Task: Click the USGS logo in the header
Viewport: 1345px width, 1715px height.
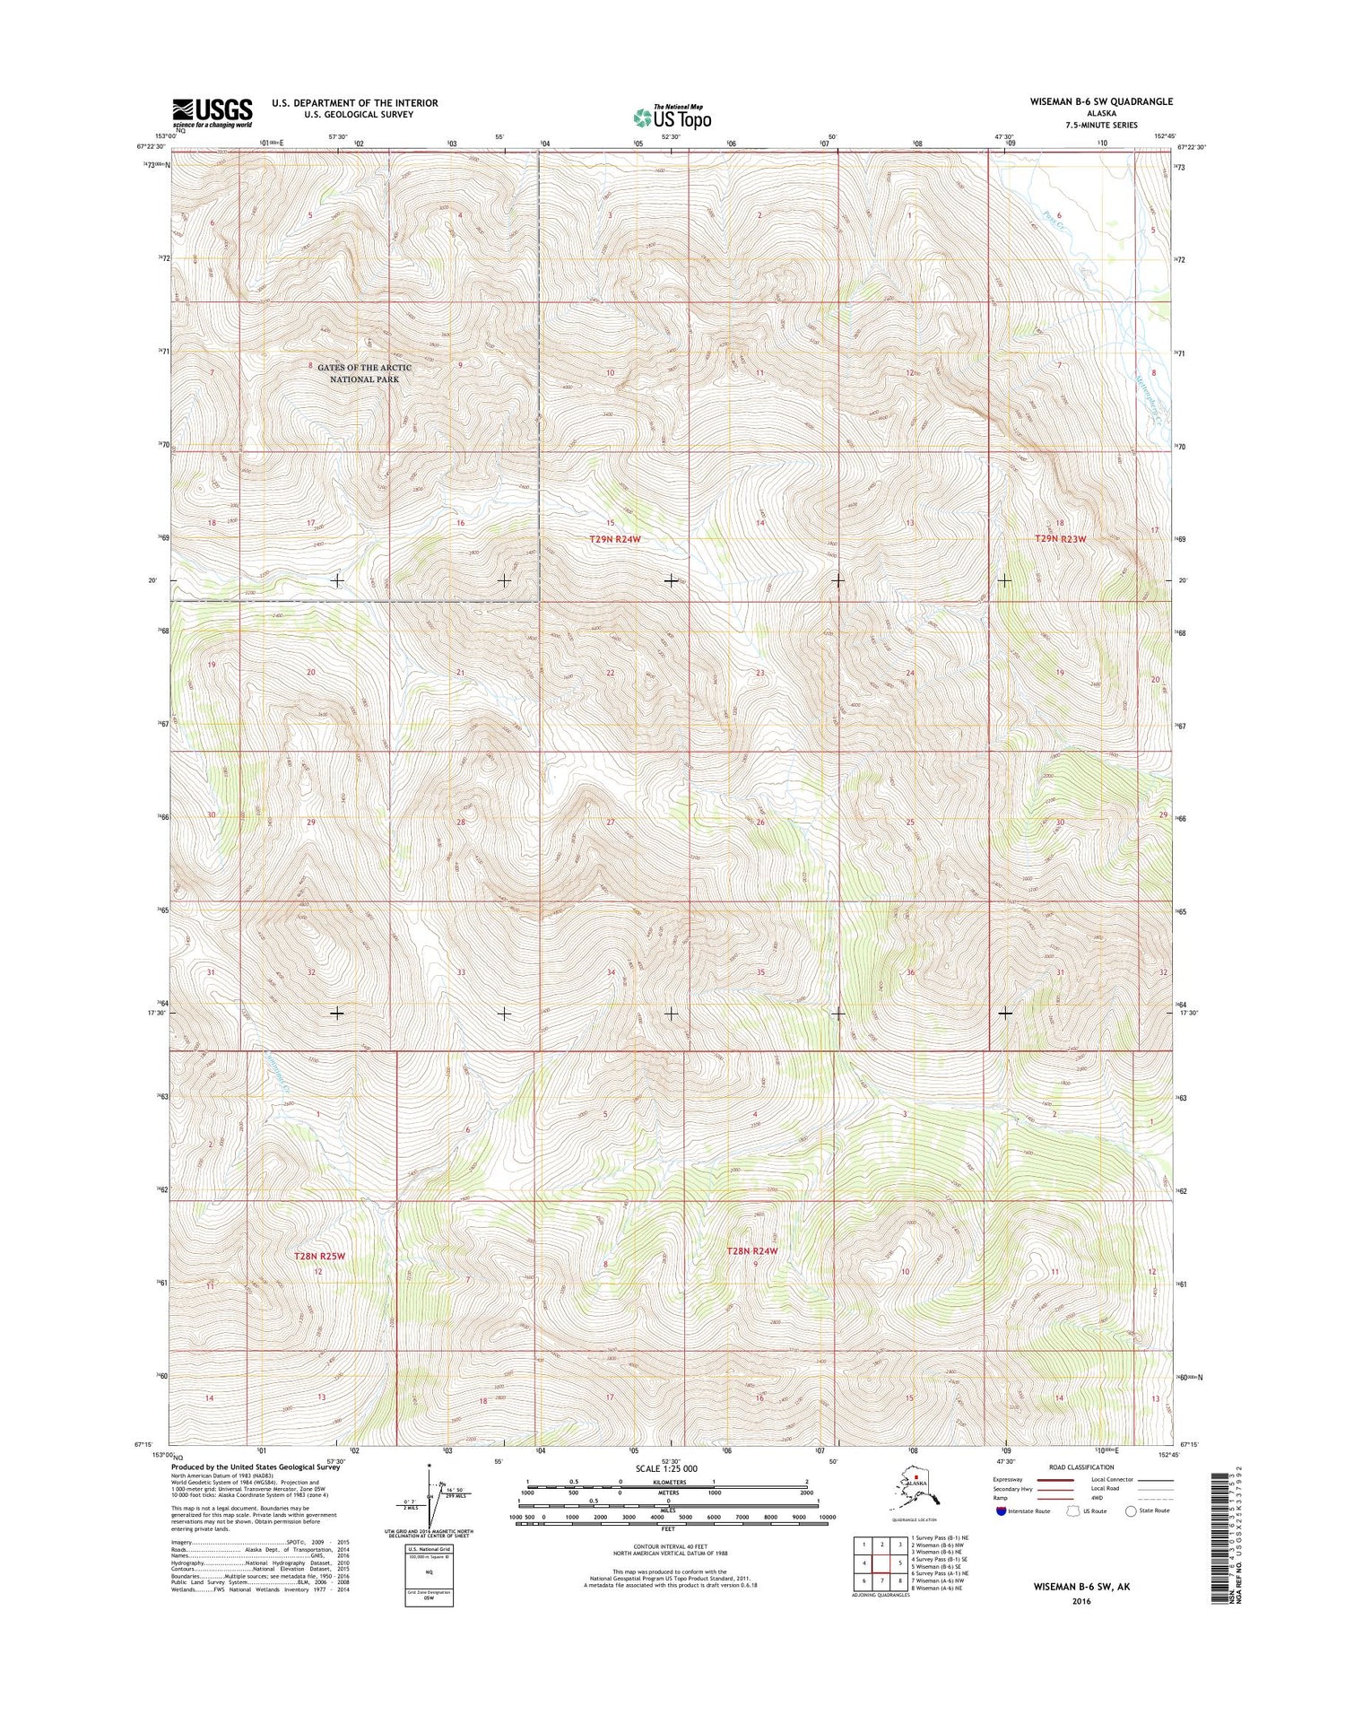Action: pos(213,113)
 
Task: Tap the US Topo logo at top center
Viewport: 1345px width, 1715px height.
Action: pos(672,117)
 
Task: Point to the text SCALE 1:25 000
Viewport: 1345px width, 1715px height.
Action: pos(665,1468)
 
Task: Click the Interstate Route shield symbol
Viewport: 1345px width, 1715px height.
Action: pos(1001,1510)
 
